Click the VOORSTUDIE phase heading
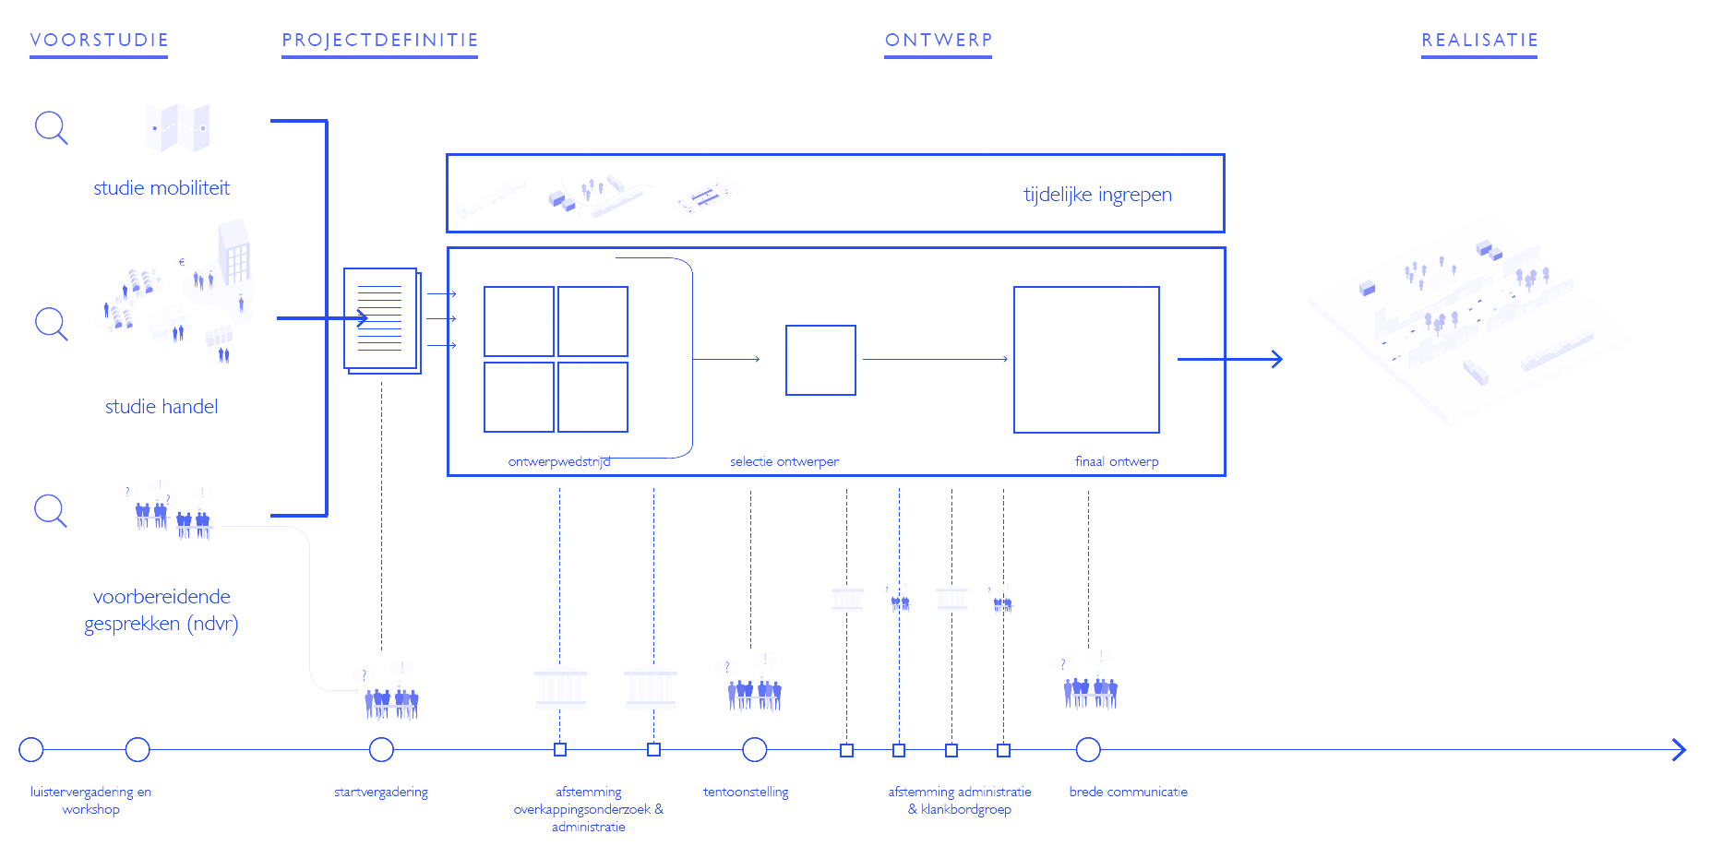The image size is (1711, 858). coord(99,40)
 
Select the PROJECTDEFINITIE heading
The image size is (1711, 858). coord(379,40)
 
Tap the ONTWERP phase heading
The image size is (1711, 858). coord(938,40)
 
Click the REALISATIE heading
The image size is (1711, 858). coord(1479,40)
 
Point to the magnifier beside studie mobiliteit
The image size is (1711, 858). coord(51,127)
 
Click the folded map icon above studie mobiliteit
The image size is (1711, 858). coord(177,127)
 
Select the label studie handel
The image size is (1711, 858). coord(162,407)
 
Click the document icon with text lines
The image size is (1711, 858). coord(381,319)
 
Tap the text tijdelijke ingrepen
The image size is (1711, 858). coord(1097,195)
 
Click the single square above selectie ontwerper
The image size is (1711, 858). coord(820,360)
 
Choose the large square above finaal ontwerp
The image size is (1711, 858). coord(1086,359)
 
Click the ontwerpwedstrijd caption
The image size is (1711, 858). coord(558,461)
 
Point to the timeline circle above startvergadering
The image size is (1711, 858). coord(381,750)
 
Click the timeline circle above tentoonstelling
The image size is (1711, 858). coord(754,750)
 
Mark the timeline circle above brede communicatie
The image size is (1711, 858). coord(1088,750)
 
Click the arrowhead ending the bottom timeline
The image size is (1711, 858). coord(1680,750)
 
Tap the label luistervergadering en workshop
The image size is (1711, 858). coord(90,800)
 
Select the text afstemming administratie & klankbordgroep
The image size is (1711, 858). coord(960,800)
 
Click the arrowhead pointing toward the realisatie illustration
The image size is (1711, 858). coord(1276,359)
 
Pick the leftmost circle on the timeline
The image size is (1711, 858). coord(31,750)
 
